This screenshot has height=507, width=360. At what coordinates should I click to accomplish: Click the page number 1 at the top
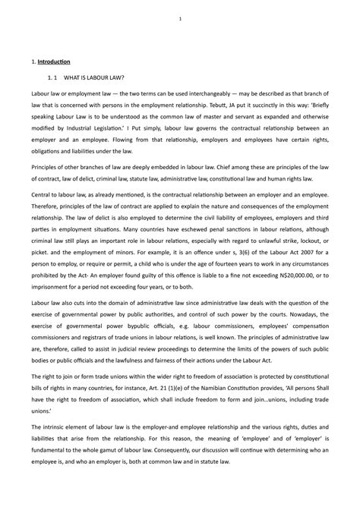coord(180,19)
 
